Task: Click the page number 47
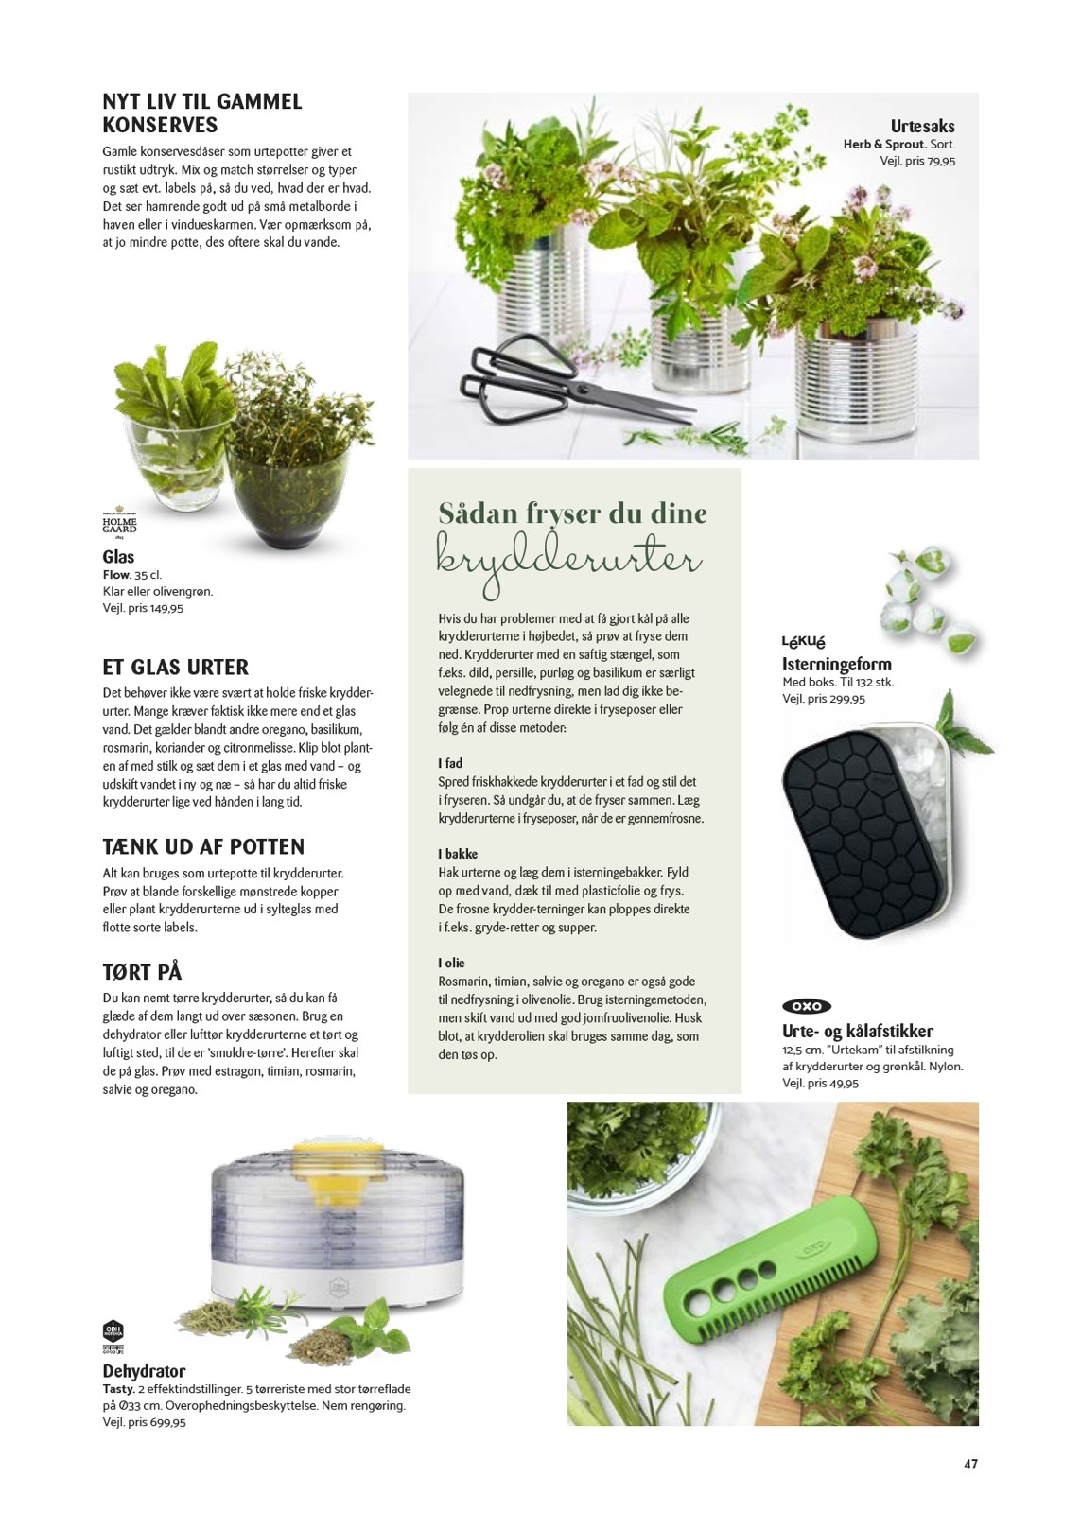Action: (x=970, y=1464)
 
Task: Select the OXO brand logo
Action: (x=807, y=1006)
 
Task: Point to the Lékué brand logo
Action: (x=803, y=642)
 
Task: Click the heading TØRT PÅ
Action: (x=142, y=971)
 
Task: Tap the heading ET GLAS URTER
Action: (x=175, y=667)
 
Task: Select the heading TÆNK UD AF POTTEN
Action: (x=203, y=846)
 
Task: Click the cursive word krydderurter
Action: (x=569, y=560)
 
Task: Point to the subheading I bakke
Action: (x=458, y=854)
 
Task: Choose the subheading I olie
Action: (x=451, y=963)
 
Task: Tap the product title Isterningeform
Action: (x=836, y=664)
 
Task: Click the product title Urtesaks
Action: (x=922, y=126)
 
